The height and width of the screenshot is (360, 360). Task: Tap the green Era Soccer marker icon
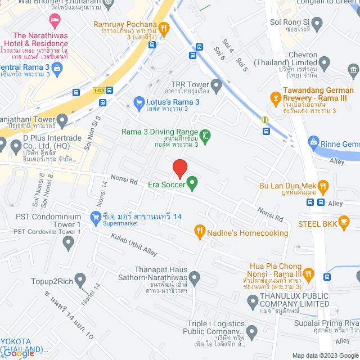click(192, 183)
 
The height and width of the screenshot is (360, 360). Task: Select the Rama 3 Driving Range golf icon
click(206, 135)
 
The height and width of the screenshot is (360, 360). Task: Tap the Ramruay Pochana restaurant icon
click(164, 26)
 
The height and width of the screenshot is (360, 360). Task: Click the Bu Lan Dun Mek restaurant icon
click(323, 185)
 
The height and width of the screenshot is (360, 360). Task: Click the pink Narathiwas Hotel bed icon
click(55, 21)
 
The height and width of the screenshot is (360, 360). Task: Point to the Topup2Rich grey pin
click(80, 278)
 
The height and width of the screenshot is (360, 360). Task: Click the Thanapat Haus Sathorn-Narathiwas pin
click(195, 277)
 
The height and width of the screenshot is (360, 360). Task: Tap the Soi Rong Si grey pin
click(317, 24)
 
